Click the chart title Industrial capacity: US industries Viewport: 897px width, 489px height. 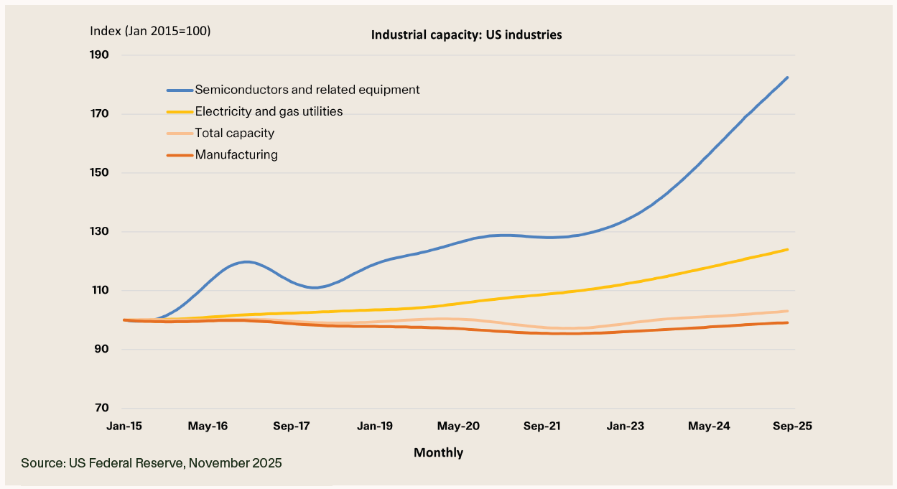tap(466, 34)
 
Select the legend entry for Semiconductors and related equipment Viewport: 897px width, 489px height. tap(307, 90)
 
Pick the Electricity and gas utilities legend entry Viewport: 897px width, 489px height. tap(269, 111)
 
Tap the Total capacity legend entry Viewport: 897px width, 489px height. tap(235, 133)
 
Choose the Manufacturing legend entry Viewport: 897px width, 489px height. tap(236, 154)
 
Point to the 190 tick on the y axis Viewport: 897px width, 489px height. tap(99, 55)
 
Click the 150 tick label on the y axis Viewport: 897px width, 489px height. tap(99, 173)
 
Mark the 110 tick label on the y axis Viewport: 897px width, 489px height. tap(99, 291)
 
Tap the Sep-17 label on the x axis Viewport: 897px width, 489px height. tap(291, 426)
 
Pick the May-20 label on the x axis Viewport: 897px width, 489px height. tap(459, 426)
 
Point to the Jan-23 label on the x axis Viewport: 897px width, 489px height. tap(626, 426)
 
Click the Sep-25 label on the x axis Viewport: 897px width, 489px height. tap(793, 426)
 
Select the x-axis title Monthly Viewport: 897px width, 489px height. tap(438, 452)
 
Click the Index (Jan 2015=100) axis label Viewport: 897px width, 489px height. tap(150, 31)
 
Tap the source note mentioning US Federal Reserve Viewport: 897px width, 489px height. tap(152, 463)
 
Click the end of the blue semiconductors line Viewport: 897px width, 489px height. tap(788, 78)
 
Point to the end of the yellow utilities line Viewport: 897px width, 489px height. tap(788, 249)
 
